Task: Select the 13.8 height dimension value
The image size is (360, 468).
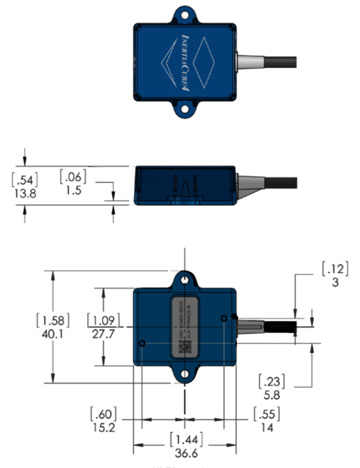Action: click(x=24, y=194)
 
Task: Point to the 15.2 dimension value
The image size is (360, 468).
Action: click(x=104, y=428)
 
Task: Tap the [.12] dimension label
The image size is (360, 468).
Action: click(x=332, y=269)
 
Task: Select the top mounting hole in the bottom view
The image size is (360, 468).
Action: click(x=184, y=280)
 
